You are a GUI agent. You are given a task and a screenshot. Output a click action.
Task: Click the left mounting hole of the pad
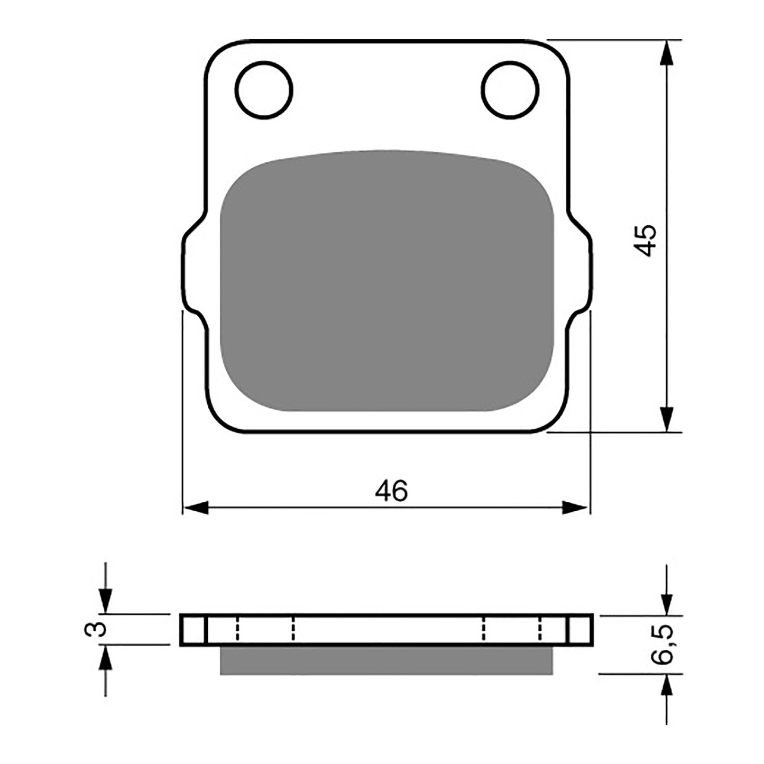[x=265, y=90]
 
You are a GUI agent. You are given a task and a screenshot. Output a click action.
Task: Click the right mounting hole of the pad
[x=510, y=90]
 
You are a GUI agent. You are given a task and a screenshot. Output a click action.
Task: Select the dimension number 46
[x=391, y=491]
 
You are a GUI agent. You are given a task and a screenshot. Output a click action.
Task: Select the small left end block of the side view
[x=193, y=630]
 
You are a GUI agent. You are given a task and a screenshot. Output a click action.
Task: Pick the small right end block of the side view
[x=580, y=630]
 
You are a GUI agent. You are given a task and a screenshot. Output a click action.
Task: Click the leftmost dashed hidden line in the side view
[x=237, y=630]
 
